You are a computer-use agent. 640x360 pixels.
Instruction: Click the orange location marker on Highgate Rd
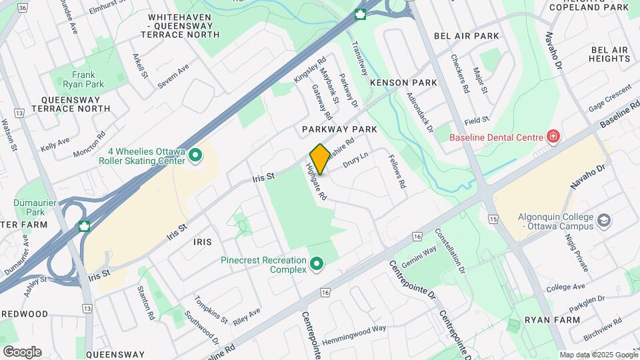(319, 159)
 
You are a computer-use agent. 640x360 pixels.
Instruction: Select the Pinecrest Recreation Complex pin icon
(316, 265)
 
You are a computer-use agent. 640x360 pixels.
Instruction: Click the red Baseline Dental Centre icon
(552, 137)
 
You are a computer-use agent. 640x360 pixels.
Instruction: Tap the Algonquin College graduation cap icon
(603, 220)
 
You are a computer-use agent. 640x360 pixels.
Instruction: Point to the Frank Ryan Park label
(83, 80)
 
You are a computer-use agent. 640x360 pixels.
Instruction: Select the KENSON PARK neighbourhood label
(403, 83)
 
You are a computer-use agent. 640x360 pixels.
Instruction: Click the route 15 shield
(493, 219)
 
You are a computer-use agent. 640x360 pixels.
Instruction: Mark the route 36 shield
(23, 8)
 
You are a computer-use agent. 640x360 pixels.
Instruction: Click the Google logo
(22, 351)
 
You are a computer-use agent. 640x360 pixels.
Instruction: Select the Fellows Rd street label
(398, 172)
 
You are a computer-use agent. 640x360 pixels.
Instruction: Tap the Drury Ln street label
(355, 160)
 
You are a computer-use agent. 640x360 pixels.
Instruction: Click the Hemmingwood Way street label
(354, 334)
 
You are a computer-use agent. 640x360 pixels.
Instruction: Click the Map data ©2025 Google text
(598, 355)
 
